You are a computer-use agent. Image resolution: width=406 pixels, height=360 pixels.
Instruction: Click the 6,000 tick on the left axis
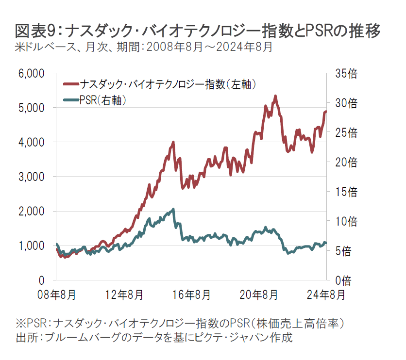[32, 73]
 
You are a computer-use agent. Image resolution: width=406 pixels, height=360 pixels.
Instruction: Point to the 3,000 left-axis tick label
[32, 177]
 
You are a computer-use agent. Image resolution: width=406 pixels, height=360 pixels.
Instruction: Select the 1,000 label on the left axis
[32, 245]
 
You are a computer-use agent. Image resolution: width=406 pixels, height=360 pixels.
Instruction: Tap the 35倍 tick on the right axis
[346, 73]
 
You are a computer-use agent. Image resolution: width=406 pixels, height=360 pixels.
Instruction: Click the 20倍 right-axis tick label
[346, 162]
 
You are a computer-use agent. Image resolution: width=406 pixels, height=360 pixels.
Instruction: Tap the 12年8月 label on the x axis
[123, 295]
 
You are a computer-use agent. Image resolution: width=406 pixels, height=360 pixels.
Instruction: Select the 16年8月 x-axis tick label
[191, 295]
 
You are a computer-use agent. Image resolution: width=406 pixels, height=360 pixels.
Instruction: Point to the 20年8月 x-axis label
[258, 295]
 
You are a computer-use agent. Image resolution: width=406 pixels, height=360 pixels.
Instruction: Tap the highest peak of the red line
[275, 96]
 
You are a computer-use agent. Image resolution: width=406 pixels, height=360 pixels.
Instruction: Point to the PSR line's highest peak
[173, 209]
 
